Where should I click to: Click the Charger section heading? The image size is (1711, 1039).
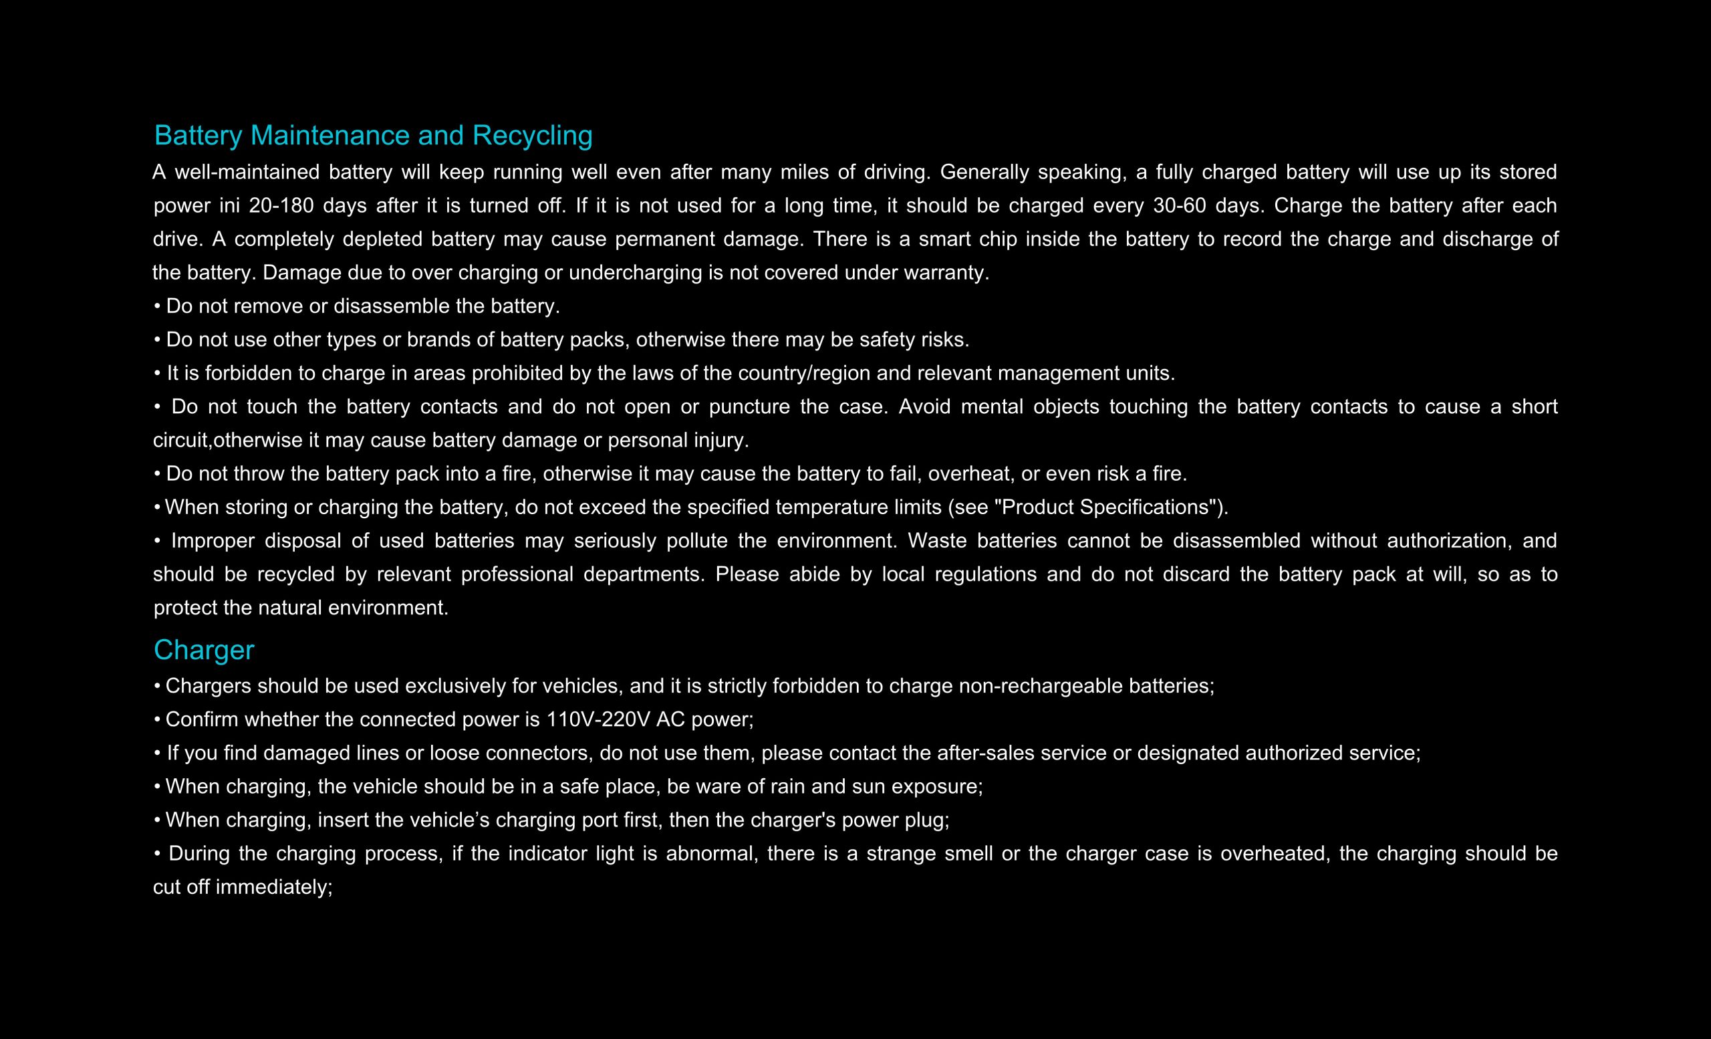pyautogui.click(x=203, y=650)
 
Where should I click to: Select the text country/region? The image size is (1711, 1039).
pyautogui.click(x=803, y=374)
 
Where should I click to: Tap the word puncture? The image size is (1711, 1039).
pyautogui.click(x=749, y=407)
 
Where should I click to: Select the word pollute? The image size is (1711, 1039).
pyautogui.click(x=696, y=541)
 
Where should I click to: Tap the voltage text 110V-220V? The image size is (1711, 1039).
pyautogui.click(x=598, y=719)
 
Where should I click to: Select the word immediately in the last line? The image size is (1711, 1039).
pyautogui.click(x=273, y=888)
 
